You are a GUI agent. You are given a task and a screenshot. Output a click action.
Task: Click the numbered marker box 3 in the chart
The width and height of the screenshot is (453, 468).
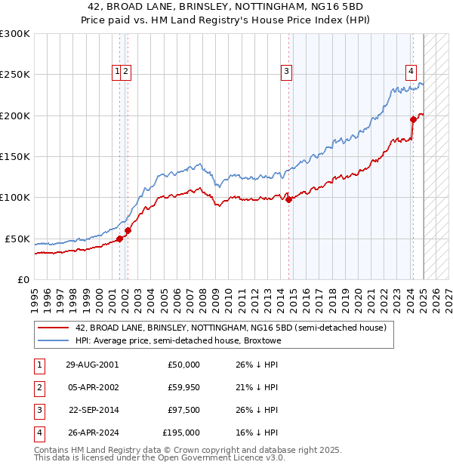click(287, 72)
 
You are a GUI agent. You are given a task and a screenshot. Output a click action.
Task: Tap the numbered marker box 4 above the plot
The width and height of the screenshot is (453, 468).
click(411, 72)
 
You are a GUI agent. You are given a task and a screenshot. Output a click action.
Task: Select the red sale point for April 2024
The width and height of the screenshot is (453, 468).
click(413, 119)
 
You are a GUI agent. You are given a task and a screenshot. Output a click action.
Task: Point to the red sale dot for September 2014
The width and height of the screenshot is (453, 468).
click(289, 199)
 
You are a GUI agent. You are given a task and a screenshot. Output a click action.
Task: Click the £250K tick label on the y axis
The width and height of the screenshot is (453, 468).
click(15, 75)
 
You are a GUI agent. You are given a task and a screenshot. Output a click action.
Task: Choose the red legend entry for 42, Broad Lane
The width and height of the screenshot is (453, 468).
click(230, 328)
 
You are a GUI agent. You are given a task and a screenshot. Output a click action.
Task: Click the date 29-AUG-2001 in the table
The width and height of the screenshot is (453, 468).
click(92, 365)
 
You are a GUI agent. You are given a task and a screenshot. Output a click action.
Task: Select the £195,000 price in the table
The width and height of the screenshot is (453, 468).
click(181, 433)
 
